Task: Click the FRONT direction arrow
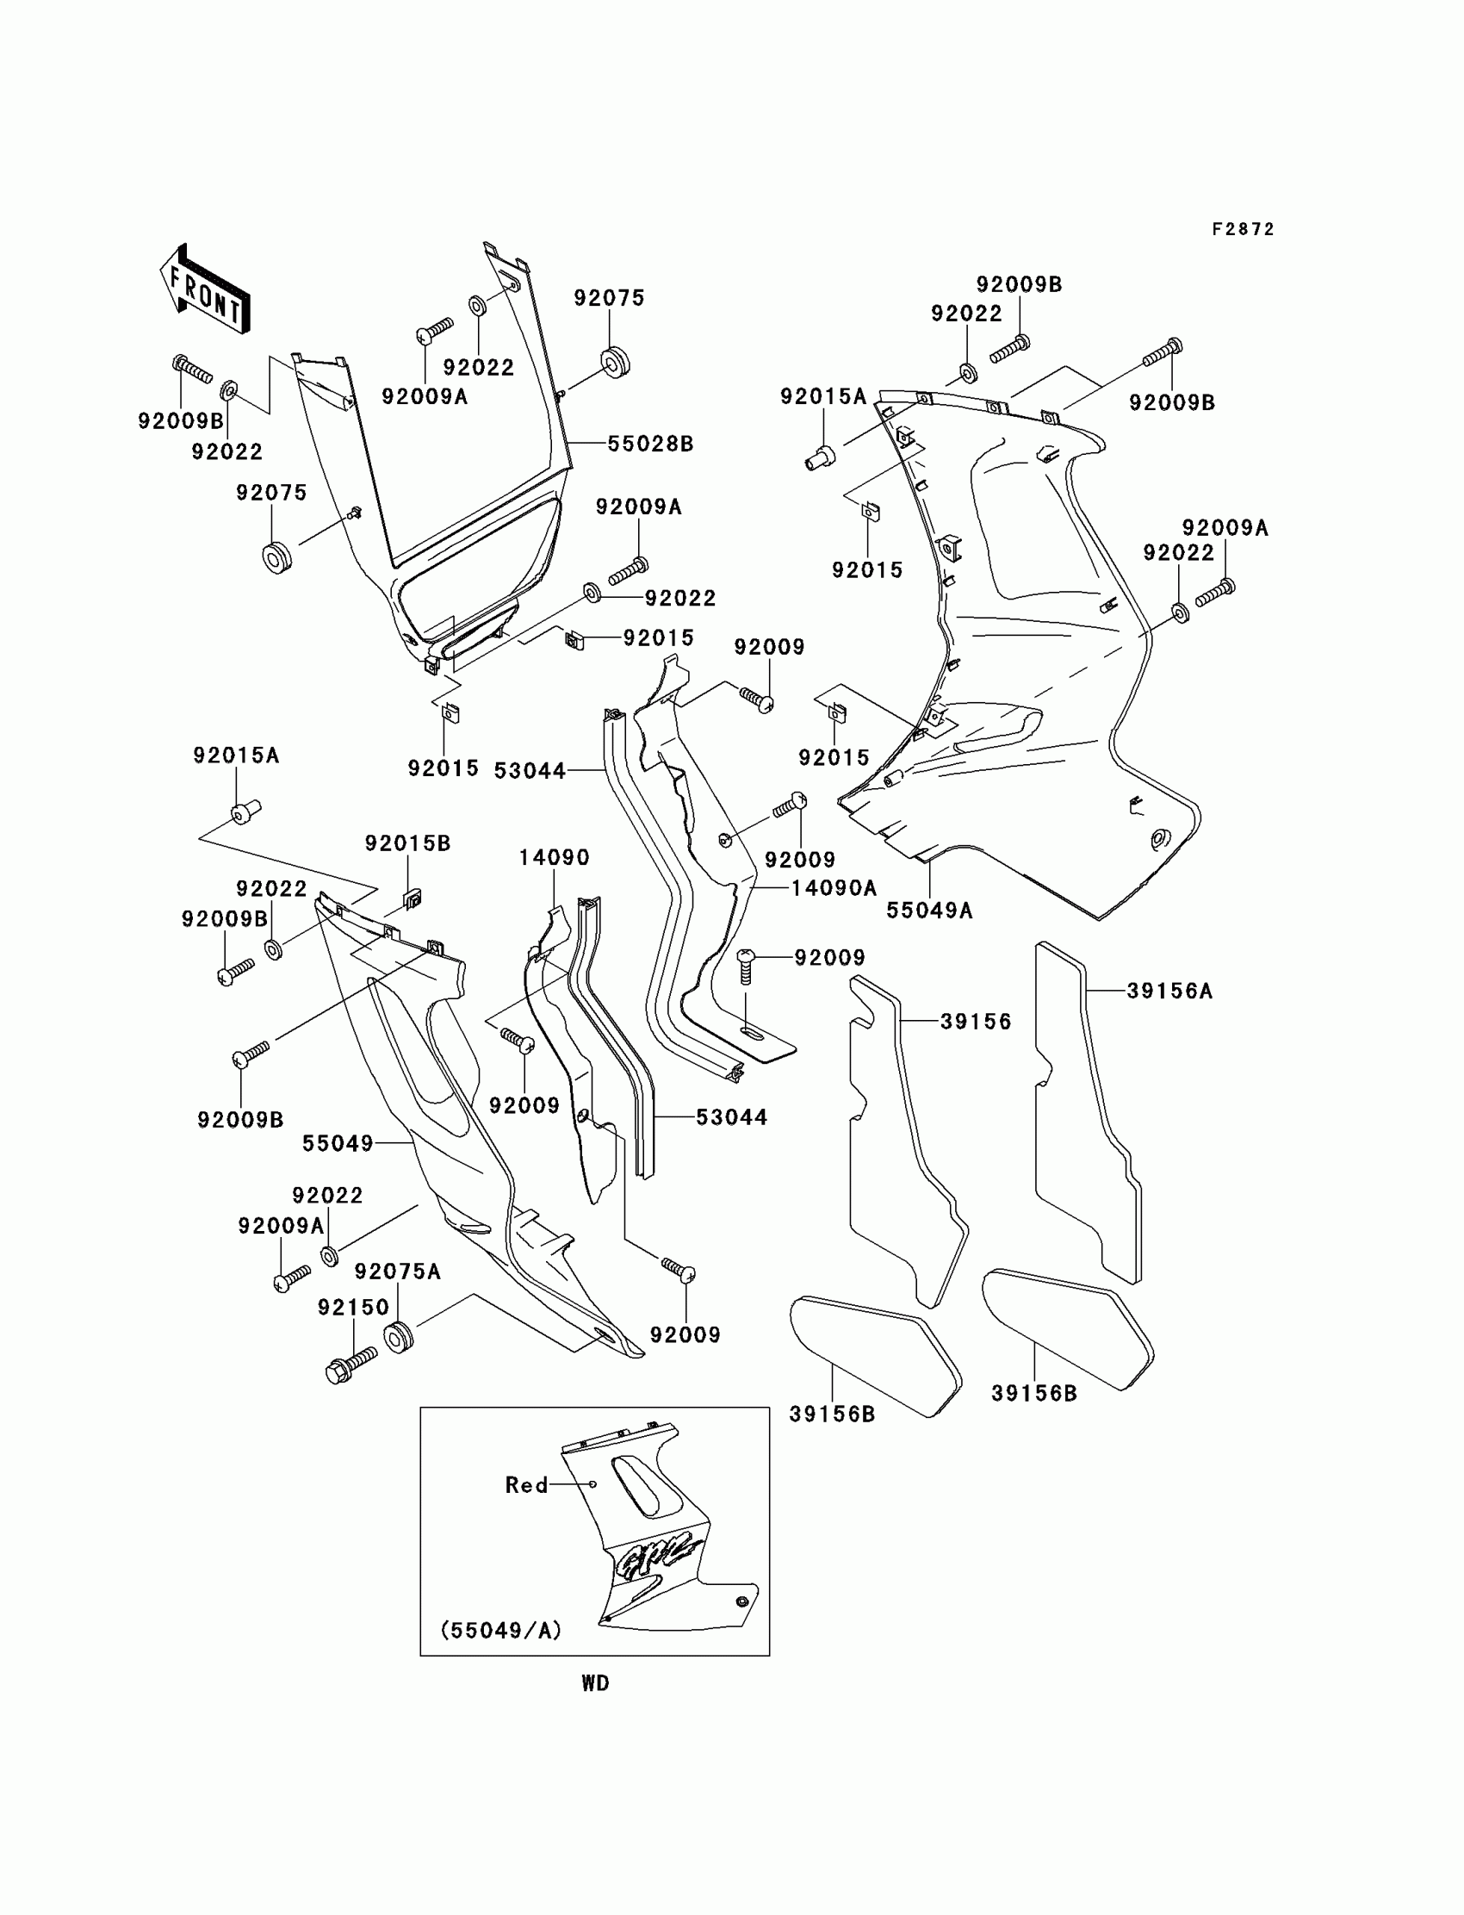tap(205, 289)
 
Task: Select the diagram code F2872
tap(1243, 229)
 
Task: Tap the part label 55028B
tap(650, 444)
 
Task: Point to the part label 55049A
tap(929, 911)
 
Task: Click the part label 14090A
tap(833, 888)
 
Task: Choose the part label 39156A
tap(1169, 991)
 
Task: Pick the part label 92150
tap(353, 1308)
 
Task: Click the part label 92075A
tap(397, 1271)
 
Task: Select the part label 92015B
tap(407, 843)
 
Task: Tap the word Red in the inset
tap(526, 1485)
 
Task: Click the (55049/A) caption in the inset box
tap(501, 1630)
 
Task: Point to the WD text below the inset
tap(595, 1684)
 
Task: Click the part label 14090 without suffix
tap(555, 858)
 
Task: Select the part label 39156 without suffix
tap(975, 1022)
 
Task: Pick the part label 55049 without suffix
tap(338, 1143)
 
